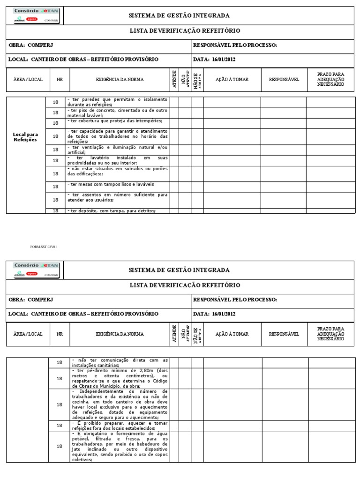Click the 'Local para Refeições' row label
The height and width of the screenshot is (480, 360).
pyautogui.click(x=25, y=137)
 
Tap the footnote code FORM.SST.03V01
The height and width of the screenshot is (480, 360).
pyautogui.click(x=43, y=246)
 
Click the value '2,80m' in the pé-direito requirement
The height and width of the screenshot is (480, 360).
pyautogui.click(x=135, y=370)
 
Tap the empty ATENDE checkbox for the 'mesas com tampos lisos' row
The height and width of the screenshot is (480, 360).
pyautogui.click(x=174, y=186)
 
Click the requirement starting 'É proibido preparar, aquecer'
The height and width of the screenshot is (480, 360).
pyautogui.click(x=119, y=426)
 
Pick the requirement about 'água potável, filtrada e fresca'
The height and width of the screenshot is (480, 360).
pyautogui.click(x=119, y=446)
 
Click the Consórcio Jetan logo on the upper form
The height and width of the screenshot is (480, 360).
pyautogui.click(x=36, y=15)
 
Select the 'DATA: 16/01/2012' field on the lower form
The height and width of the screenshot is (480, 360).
pyautogui.click(x=214, y=314)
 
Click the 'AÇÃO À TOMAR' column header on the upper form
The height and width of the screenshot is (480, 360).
pyautogui.click(x=232, y=80)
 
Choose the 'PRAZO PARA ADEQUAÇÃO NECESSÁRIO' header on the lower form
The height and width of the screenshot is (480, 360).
pyautogui.click(x=330, y=334)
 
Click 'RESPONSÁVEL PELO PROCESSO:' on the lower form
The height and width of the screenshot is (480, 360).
pyautogui.click(x=235, y=300)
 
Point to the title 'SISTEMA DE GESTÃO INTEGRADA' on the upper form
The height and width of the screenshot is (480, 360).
pyautogui.click(x=179, y=15)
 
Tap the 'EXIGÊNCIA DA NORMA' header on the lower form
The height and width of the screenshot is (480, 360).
pyautogui.click(x=120, y=334)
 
